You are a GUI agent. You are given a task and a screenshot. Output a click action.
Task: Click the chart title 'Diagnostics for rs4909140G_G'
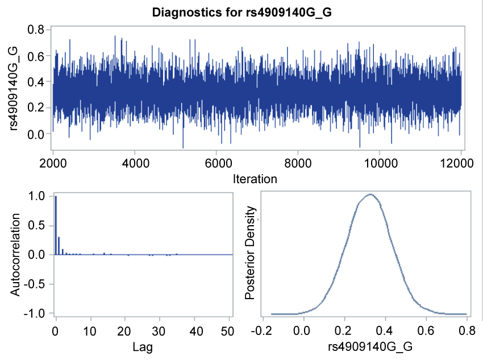(x=241, y=12)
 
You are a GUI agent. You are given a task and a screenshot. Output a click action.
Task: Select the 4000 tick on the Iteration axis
(x=134, y=162)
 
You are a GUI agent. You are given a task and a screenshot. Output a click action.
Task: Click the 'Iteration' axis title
(x=255, y=179)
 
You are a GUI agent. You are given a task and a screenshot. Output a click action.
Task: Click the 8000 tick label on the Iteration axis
(x=297, y=162)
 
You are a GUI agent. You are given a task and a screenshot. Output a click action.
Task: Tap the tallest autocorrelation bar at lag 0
(x=56, y=225)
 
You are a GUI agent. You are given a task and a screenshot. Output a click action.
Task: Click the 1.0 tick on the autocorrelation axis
(x=36, y=196)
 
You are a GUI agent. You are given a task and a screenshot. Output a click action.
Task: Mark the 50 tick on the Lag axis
(x=230, y=330)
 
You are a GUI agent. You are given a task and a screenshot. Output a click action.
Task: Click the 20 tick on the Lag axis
(x=125, y=330)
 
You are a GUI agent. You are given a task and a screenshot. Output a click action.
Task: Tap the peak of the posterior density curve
(x=370, y=195)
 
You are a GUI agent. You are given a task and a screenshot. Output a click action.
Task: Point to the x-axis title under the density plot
(x=364, y=347)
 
